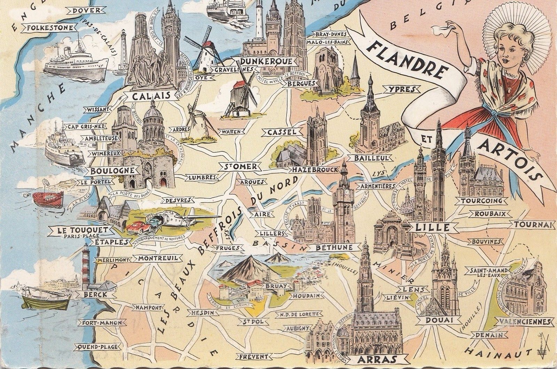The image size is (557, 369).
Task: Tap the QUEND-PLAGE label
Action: click(98, 347)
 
